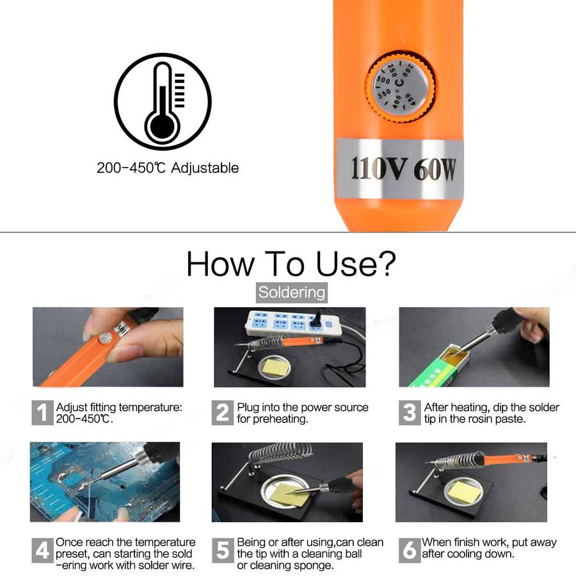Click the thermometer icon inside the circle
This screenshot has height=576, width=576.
coord(163,103)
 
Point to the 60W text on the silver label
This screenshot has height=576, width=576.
coord(435,170)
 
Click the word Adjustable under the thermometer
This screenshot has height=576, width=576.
coord(205,168)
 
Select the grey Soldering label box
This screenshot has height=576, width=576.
coord(292,292)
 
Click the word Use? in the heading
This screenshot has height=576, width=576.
coord(356,264)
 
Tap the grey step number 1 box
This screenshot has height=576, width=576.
coord(42,413)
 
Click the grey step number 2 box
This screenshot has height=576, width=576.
coord(222,413)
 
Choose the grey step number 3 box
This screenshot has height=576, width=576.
coord(409,413)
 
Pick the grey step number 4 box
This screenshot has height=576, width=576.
coord(42,550)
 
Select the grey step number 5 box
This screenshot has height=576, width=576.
coord(223,550)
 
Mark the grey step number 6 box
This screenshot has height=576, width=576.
coord(409,550)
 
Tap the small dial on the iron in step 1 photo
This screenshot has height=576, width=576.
coord(106,338)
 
